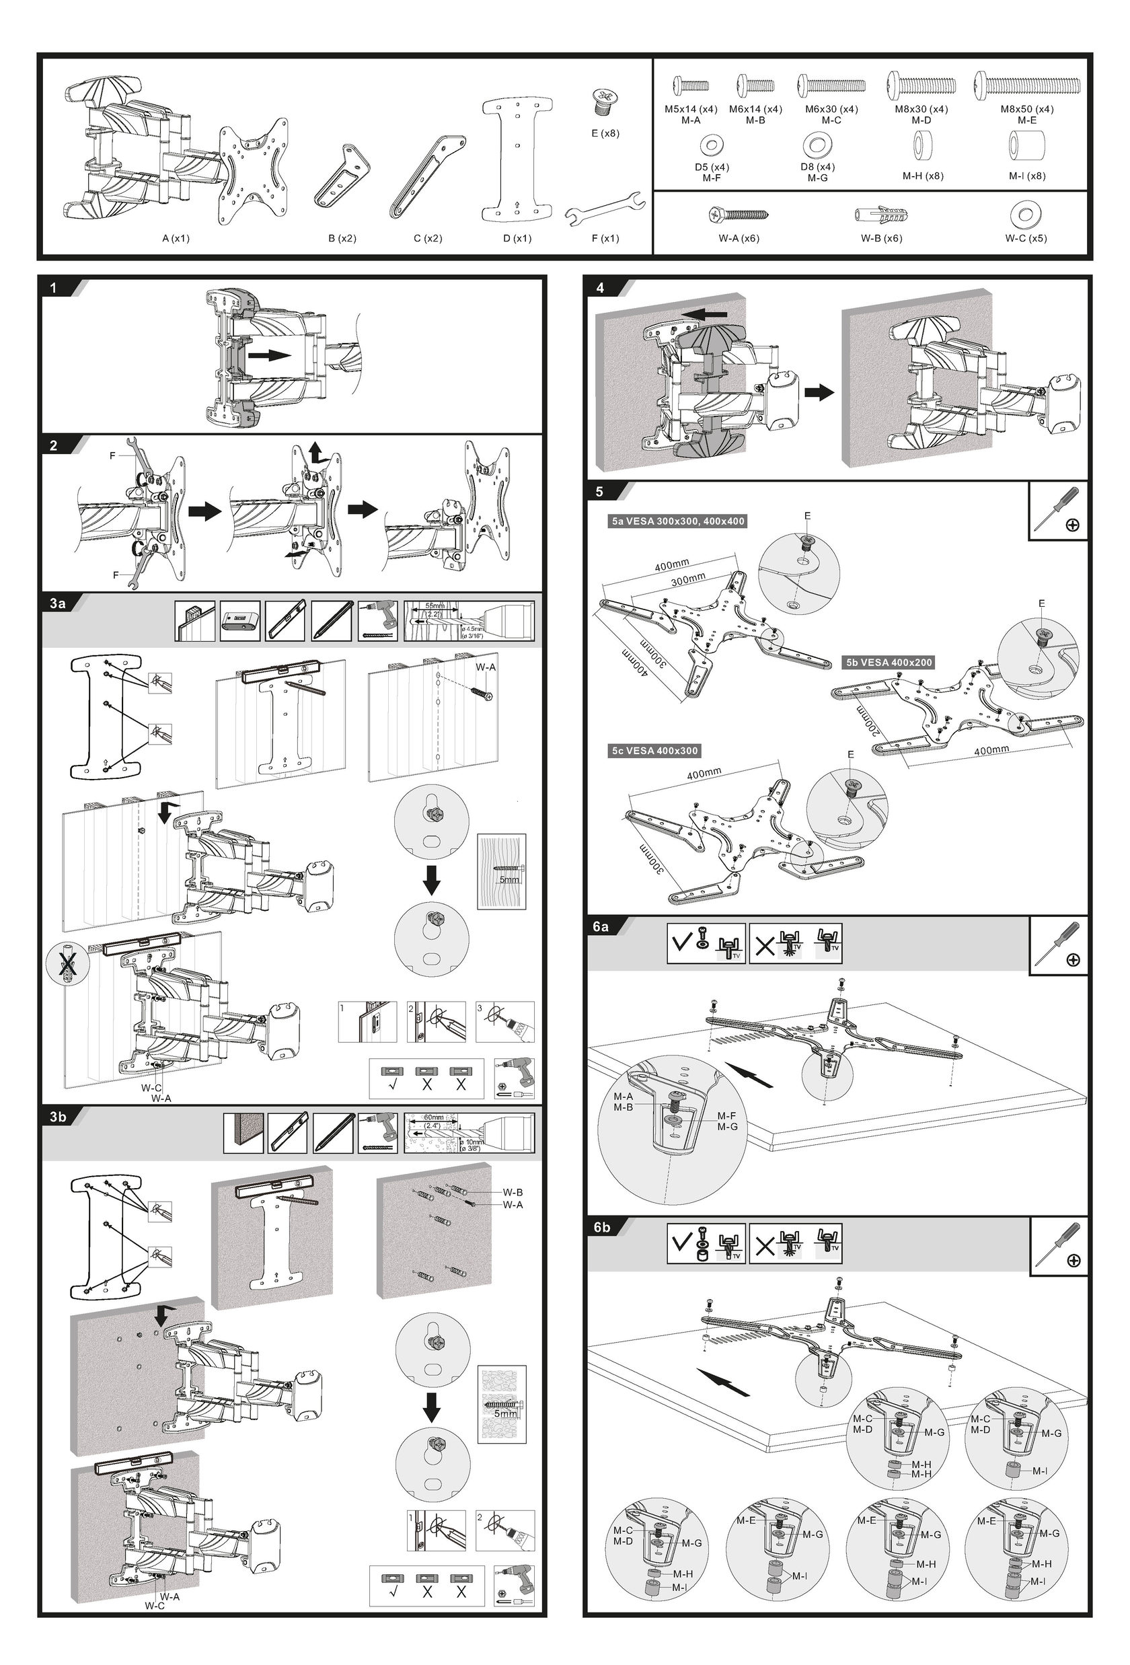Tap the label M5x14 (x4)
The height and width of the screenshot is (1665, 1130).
690,110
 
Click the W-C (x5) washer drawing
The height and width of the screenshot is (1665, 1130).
1026,213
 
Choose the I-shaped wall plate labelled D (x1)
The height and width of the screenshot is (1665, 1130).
517,159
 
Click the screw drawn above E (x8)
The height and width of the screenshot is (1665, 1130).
605,101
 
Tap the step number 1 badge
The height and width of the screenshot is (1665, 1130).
54,288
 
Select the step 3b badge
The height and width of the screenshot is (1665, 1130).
58,1117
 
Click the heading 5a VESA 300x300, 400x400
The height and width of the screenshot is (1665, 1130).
677,521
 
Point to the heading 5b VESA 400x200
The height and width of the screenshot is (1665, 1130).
889,663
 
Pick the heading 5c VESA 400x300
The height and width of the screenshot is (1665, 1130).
654,751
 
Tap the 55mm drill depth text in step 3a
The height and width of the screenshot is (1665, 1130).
435,606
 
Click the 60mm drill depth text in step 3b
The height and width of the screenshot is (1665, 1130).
434,1117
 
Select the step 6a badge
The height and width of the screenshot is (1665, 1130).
600,926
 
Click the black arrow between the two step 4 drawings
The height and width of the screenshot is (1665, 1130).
819,392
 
